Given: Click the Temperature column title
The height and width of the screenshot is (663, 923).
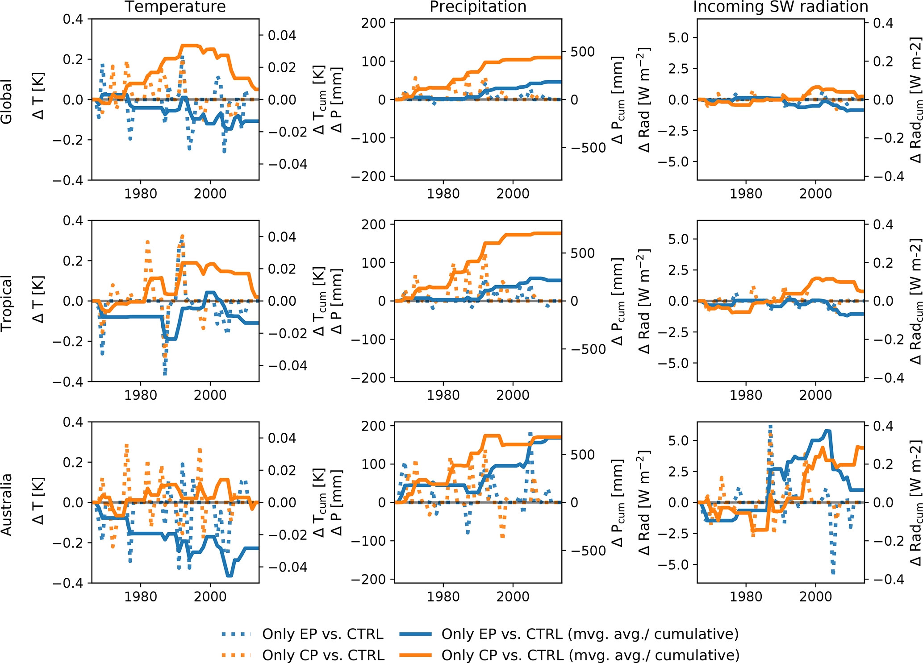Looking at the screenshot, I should point(175,7).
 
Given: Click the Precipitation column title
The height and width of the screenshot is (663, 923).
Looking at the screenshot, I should point(478,7).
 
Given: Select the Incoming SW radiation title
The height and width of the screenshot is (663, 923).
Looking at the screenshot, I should point(781,7).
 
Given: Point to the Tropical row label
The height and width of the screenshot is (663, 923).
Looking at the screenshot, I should point(7,303).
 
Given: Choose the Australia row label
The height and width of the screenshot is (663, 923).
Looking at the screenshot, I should point(7,504).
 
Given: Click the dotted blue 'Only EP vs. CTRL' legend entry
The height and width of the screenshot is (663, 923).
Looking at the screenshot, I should point(322,634).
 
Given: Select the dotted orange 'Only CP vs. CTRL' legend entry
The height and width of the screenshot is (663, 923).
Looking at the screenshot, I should point(323,655).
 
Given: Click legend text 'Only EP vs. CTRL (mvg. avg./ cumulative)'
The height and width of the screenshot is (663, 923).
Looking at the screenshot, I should point(590,634).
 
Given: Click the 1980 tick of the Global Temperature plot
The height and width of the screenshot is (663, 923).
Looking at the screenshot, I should point(141,194).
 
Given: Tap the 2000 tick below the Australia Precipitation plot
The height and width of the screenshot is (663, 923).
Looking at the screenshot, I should point(513,597).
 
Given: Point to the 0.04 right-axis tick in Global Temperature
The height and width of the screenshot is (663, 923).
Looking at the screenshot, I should point(282,36).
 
